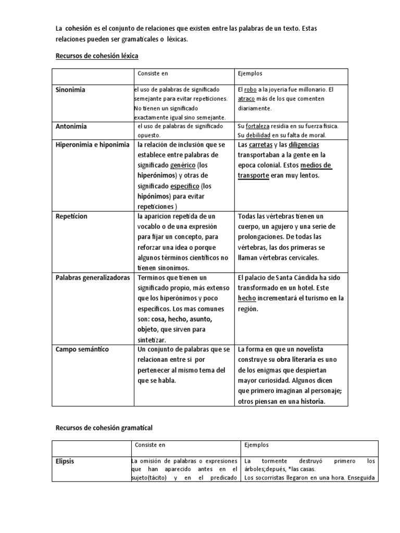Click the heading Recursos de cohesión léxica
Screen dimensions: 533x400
click(97, 55)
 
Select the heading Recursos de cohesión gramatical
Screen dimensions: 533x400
click(104, 428)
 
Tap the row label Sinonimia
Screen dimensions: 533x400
click(70, 90)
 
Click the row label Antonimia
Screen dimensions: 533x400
click(71, 126)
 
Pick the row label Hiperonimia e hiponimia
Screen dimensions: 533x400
click(92, 145)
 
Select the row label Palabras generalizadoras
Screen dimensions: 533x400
click(93, 278)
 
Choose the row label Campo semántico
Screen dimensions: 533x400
click(82, 349)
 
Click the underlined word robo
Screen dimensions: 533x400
click(251, 90)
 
